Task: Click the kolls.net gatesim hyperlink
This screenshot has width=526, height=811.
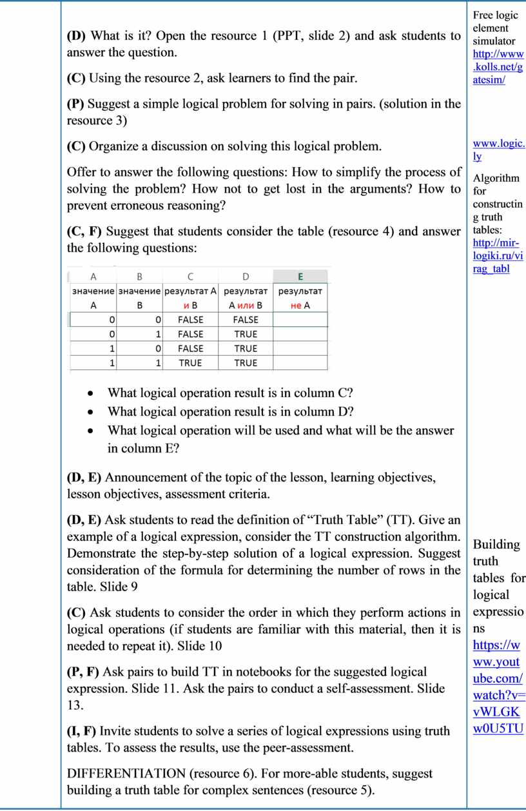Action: tap(498, 67)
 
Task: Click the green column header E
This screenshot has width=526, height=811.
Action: tap(300, 277)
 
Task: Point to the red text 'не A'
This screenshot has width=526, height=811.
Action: tap(300, 305)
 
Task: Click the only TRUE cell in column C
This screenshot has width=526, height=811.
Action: tap(190, 363)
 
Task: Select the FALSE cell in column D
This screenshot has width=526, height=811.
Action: tap(246, 320)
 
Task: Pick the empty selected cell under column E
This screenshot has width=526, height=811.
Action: tap(300, 320)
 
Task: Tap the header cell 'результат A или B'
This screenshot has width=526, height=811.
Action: tap(246, 298)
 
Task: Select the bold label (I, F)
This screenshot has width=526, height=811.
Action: tap(82, 731)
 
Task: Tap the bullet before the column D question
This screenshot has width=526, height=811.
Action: tap(94, 412)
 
